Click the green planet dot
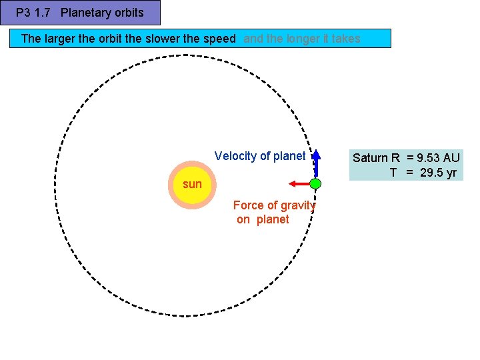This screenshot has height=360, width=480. coord(316,183)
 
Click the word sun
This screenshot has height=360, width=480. coord(191,184)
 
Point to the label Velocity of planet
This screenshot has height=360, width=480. coord(260,156)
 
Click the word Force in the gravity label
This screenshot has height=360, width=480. coord(248,205)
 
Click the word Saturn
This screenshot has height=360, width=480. coord(371,158)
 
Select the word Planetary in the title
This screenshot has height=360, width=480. coord(84,12)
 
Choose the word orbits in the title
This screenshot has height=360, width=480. coord(127,12)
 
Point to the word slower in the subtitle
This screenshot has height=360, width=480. coord(163,39)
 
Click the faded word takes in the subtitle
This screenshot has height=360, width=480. coord(346,39)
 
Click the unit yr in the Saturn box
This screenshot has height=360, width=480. coord(451,173)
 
